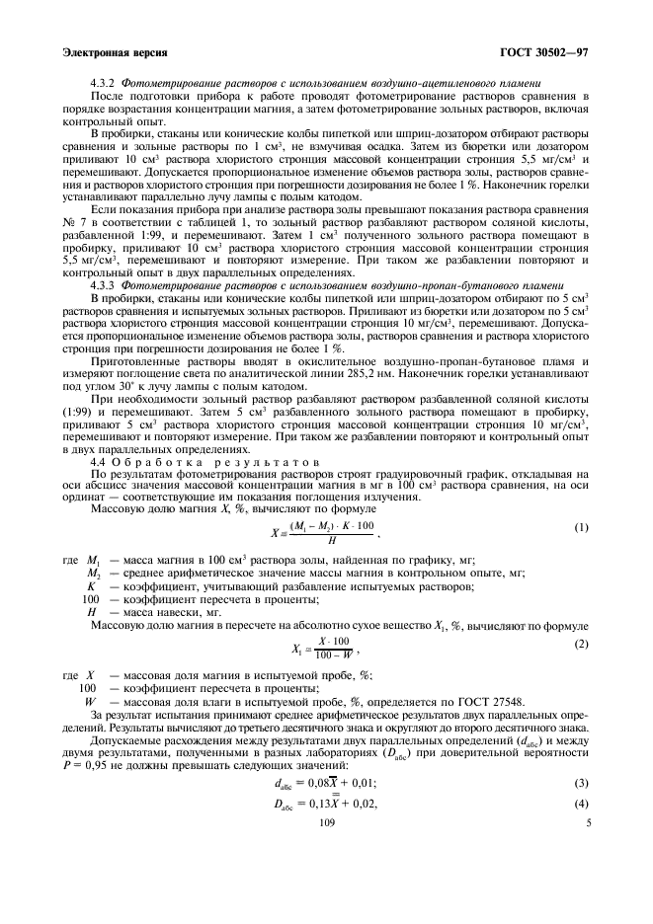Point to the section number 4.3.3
(x=103, y=284)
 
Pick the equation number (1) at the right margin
(x=581, y=527)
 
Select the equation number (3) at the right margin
(x=581, y=783)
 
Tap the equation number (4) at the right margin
(x=581, y=805)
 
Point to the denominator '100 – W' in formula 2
(x=326, y=654)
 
